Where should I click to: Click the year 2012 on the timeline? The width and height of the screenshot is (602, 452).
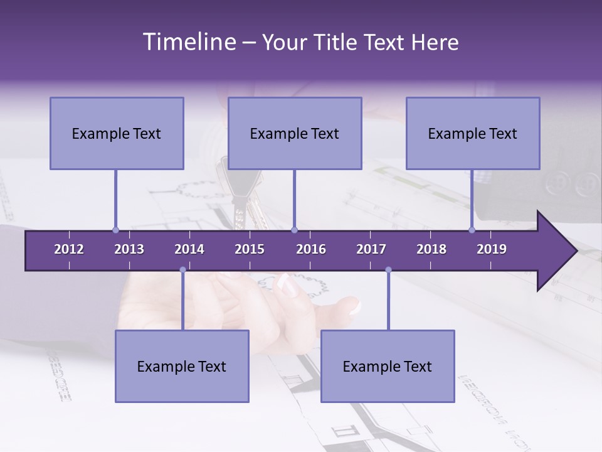coord(69,249)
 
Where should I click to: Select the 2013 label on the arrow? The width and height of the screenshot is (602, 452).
coord(129,249)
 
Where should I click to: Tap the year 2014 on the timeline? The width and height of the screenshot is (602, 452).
coord(189,249)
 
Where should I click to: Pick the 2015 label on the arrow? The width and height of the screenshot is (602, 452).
coord(250,249)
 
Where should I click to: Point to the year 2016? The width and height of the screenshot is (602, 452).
coord(311,249)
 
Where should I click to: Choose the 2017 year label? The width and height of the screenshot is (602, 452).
coord(371,249)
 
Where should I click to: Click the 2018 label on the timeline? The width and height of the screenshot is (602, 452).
coord(431,249)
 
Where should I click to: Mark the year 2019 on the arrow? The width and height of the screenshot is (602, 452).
coord(492,249)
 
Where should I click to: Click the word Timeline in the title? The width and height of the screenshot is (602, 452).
coord(188,42)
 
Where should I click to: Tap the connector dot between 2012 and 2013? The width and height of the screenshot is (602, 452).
coord(115,230)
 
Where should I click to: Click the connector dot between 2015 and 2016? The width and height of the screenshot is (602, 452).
coord(294,230)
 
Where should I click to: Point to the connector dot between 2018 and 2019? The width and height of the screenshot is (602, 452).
coord(472,230)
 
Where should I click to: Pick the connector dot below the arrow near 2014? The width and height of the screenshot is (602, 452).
coord(182,270)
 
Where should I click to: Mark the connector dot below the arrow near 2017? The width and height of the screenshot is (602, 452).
coord(388,270)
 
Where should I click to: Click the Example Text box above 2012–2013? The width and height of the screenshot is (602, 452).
coord(117,133)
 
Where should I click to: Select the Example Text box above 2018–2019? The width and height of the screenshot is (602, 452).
coord(473,133)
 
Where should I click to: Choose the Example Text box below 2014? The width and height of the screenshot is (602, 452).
coord(182,366)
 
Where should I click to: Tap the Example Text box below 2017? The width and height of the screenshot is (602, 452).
coord(388,366)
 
